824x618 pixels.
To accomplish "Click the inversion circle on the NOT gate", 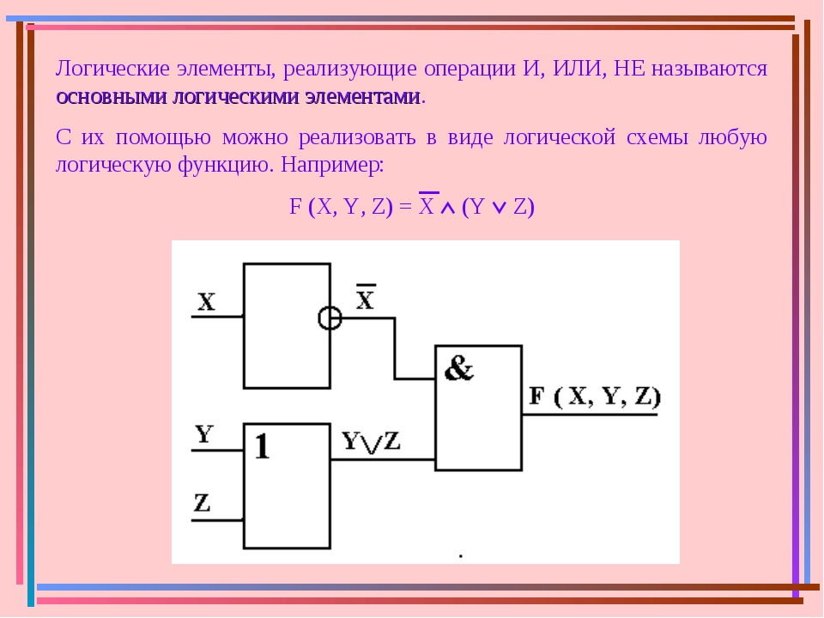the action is pos(330,318).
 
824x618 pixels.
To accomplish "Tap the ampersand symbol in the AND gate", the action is pos(458,368).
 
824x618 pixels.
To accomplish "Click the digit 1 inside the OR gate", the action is pos(263,446).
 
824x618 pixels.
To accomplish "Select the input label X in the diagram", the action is pos(206,302).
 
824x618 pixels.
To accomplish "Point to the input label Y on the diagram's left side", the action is pos(204,434).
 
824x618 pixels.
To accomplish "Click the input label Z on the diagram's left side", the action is pos(203,502).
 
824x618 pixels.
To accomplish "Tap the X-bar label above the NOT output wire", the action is pos(366,297).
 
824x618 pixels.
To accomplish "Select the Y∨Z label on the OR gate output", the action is pos(371,441).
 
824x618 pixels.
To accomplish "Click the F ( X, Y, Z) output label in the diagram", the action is pos(594,397).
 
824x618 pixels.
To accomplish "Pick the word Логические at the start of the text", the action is pos(112,69).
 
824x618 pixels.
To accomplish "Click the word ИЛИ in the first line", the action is pos(577,69).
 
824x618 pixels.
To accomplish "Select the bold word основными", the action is pos(111,97).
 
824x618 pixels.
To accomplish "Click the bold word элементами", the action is pos(362,97).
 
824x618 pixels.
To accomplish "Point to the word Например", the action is pos(330,166).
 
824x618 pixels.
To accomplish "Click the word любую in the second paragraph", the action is pos(732,137).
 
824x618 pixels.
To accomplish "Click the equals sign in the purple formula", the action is pos(405,207).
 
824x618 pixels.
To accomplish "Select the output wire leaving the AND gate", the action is pos(590,415).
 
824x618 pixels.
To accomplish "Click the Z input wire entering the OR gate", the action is pos(217,520).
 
